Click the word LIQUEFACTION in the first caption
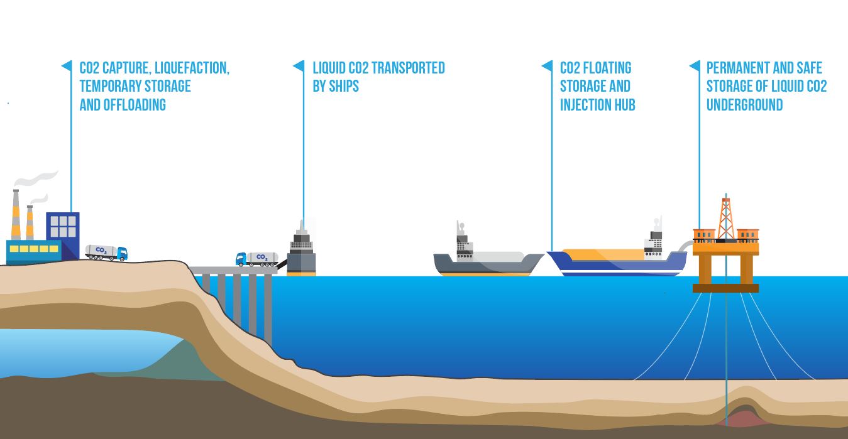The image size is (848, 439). [x=191, y=68]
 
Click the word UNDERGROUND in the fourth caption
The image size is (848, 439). [x=744, y=104]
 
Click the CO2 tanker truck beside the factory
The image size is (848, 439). [x=106, y=252]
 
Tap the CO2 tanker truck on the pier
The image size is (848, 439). [x=256, y=259]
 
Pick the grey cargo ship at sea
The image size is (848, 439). [x=487, y=261]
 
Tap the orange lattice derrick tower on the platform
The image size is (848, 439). [x=726, y=217]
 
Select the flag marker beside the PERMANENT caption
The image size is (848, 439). [x=694, y=66]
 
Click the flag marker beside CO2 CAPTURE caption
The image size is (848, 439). [x=66, y=66]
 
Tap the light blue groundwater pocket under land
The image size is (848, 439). [x=82, y=352]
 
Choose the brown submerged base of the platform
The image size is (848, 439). [x=725, y=288]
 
